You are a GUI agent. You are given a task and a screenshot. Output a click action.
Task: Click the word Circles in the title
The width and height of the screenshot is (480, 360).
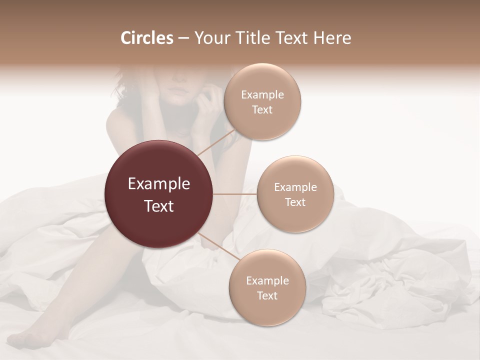(146, 38)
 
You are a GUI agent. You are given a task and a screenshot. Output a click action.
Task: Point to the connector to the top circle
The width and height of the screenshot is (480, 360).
(216, 141)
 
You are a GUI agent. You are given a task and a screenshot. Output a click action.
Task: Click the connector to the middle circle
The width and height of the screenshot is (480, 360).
(235, 194)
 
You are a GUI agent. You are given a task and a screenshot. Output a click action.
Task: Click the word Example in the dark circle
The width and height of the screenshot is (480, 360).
(159, 184)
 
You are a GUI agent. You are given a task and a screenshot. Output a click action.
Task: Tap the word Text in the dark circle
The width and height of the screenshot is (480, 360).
(159, 206)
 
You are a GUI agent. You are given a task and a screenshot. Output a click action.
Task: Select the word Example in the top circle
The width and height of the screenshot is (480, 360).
(262, 95)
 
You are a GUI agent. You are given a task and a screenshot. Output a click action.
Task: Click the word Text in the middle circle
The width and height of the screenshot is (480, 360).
(295, 202)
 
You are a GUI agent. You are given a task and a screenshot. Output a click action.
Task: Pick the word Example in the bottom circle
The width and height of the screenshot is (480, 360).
(267, 281)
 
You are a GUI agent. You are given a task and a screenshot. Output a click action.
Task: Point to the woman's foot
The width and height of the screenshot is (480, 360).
(30, 340)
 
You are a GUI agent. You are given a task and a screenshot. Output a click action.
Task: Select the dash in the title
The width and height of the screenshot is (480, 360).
(183, 38)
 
